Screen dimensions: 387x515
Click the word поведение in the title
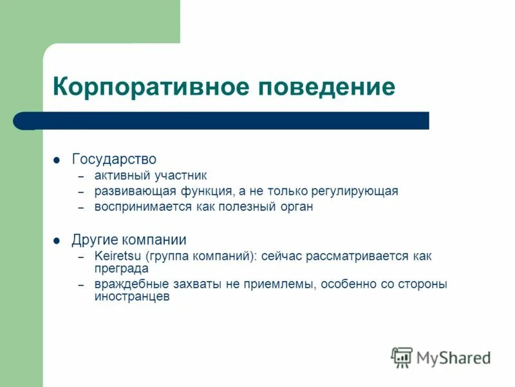click(x=326, y=86)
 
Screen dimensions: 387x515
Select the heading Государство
click(x=114, y=159)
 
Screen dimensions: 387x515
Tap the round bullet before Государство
click(x=57, y=159)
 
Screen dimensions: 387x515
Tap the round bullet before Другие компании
click(x=57, y=241)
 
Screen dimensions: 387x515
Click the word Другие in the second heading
click(x=93, y=240)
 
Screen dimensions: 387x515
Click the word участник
click(x=180, y=175)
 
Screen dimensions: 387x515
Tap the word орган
click(x=297, y=207)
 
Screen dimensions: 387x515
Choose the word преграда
click(x=121, y=268)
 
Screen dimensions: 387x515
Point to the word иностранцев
click(x=132, y=297)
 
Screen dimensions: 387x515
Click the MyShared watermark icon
click(x=402, y=357)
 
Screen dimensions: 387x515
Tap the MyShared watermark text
click(x=453, y=357)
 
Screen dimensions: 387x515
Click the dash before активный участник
click(x=81, y=176)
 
